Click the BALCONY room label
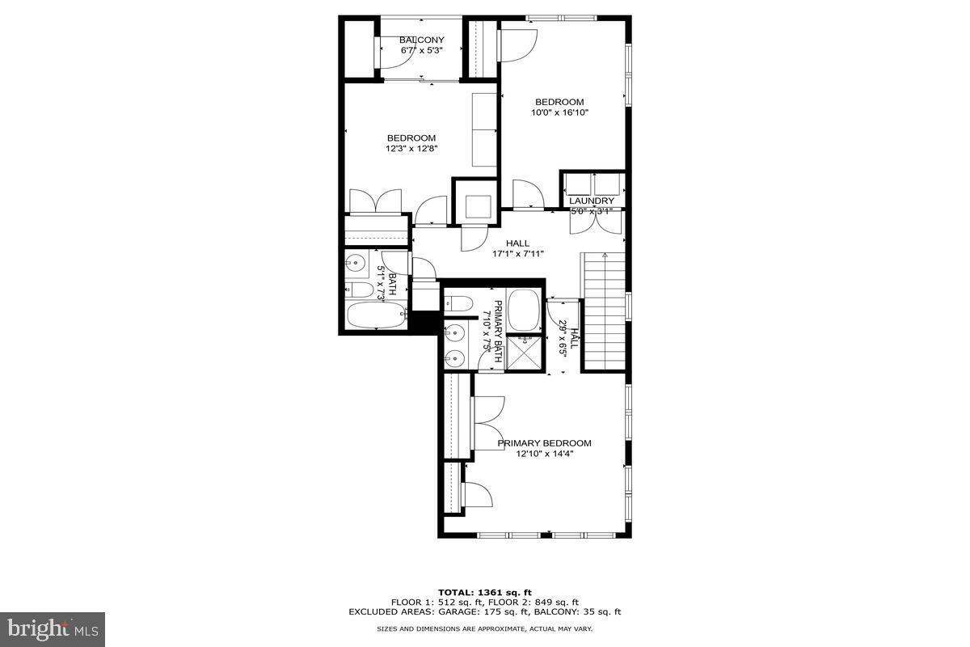[421, 40]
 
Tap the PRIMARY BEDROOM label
[544, 443]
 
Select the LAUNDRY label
[592, 201]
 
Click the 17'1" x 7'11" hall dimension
[518, 254]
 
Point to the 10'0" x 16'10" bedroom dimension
[559, 112]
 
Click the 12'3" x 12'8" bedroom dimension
[411, 148]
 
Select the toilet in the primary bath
[459, 304]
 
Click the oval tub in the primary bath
[524, 311]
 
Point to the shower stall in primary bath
[525, 353]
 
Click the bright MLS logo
[53, 628]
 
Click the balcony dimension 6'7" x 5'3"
[421, 50]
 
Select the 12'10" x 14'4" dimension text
[544, 454]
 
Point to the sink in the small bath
[356, 262]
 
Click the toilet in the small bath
[361, 289]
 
